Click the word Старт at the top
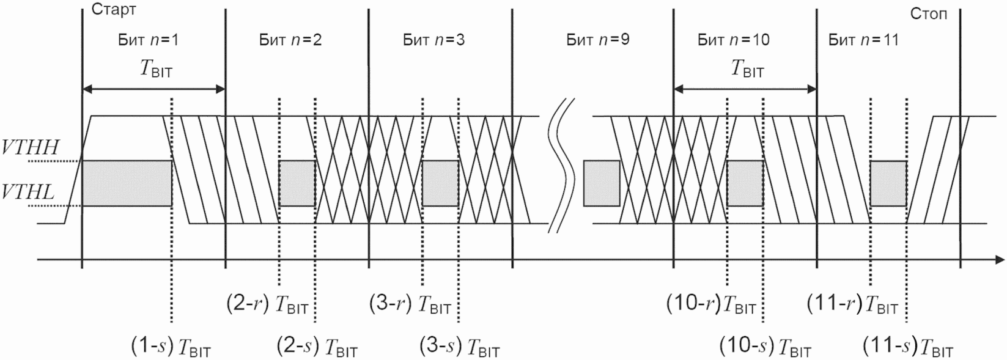(113, 10)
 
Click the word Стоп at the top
(929, 14)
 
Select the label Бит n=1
(149, 40)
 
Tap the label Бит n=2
(290, 40)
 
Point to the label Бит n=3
(434, 40)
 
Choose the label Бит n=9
(598, 40)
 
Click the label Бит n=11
(863, 40)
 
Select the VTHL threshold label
(28, 193)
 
